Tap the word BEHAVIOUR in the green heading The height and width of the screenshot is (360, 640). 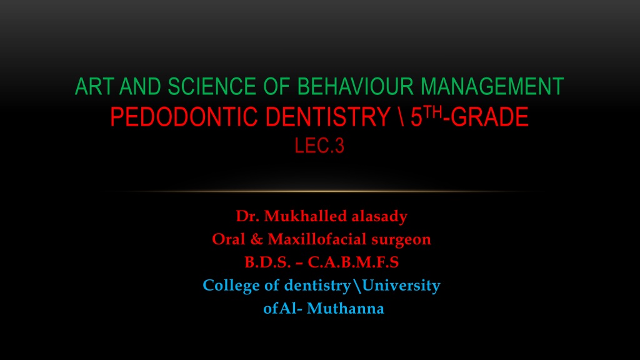pyautogui.click(x=355, y=86)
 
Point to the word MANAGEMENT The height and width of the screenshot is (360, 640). pyautogui.click(x=492, y=86)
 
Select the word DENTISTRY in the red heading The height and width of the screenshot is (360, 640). pyautogui.click(x=327, y=117)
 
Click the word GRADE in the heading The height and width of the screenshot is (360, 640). pyautogui.click(x=489, y=117)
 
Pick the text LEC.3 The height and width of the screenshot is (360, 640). pyautogui.click(x=319, y=146)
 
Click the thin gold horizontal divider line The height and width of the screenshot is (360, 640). pyautogui.click(x=320, y=191)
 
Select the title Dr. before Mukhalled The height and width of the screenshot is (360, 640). pyautogui.click(x=247, y=216)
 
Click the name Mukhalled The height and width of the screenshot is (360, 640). pyautogui.click(x=305, y=216)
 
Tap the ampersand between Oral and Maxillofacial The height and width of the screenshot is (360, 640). pyautogui.click(x=256, y=239)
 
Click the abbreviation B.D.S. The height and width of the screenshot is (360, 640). pyautogui.click(x=267, y=262)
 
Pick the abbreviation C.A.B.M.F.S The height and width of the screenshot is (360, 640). pyautogui.click(x=354, y=262)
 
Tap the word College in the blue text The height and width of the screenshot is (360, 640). pyautogui.click(x=231, y=286)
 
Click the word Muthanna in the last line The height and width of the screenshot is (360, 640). pyautogui.click(x=345, y=308)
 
